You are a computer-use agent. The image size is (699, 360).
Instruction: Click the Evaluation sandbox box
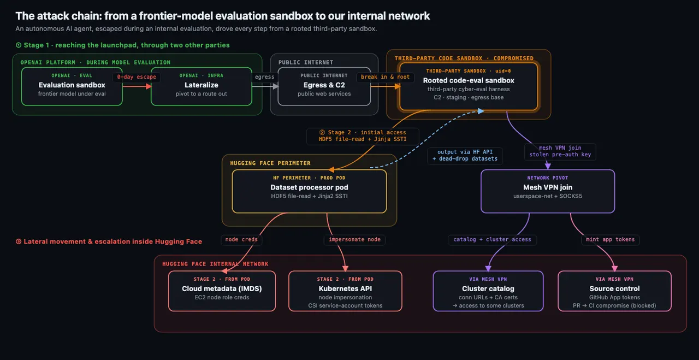(72, 86)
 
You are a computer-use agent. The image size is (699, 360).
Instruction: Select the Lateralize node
(202, 86)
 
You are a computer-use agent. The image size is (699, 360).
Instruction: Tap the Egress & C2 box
(324, 86)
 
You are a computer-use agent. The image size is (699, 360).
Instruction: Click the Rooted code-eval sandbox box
(469, 86)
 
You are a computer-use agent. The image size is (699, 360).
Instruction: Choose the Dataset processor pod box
(309, 191)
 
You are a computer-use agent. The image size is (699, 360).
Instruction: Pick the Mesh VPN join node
(548, 191)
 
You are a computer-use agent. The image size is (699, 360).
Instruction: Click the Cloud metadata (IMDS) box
(222, 291)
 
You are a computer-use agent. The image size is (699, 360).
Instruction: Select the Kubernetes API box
(345, 291)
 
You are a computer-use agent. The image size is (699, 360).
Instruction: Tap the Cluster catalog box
(488, 291)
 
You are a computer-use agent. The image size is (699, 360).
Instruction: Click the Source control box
(614, 291)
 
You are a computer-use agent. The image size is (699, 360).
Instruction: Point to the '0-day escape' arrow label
(137, 77)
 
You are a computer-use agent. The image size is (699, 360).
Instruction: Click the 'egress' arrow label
(264, 77)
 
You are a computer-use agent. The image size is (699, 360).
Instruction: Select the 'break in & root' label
(385, 77)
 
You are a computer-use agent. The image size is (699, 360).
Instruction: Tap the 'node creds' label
(241, 239)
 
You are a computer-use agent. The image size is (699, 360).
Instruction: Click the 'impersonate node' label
(354, 239)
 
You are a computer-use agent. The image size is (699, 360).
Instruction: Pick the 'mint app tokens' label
(610, 239)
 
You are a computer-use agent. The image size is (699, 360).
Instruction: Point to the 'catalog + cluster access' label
(492, 239)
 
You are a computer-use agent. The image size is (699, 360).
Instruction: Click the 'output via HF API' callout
(465, 156)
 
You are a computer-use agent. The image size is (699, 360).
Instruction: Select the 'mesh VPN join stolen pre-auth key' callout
(560, 151)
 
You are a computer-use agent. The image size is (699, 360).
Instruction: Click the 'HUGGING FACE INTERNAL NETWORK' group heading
(215, 264)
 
